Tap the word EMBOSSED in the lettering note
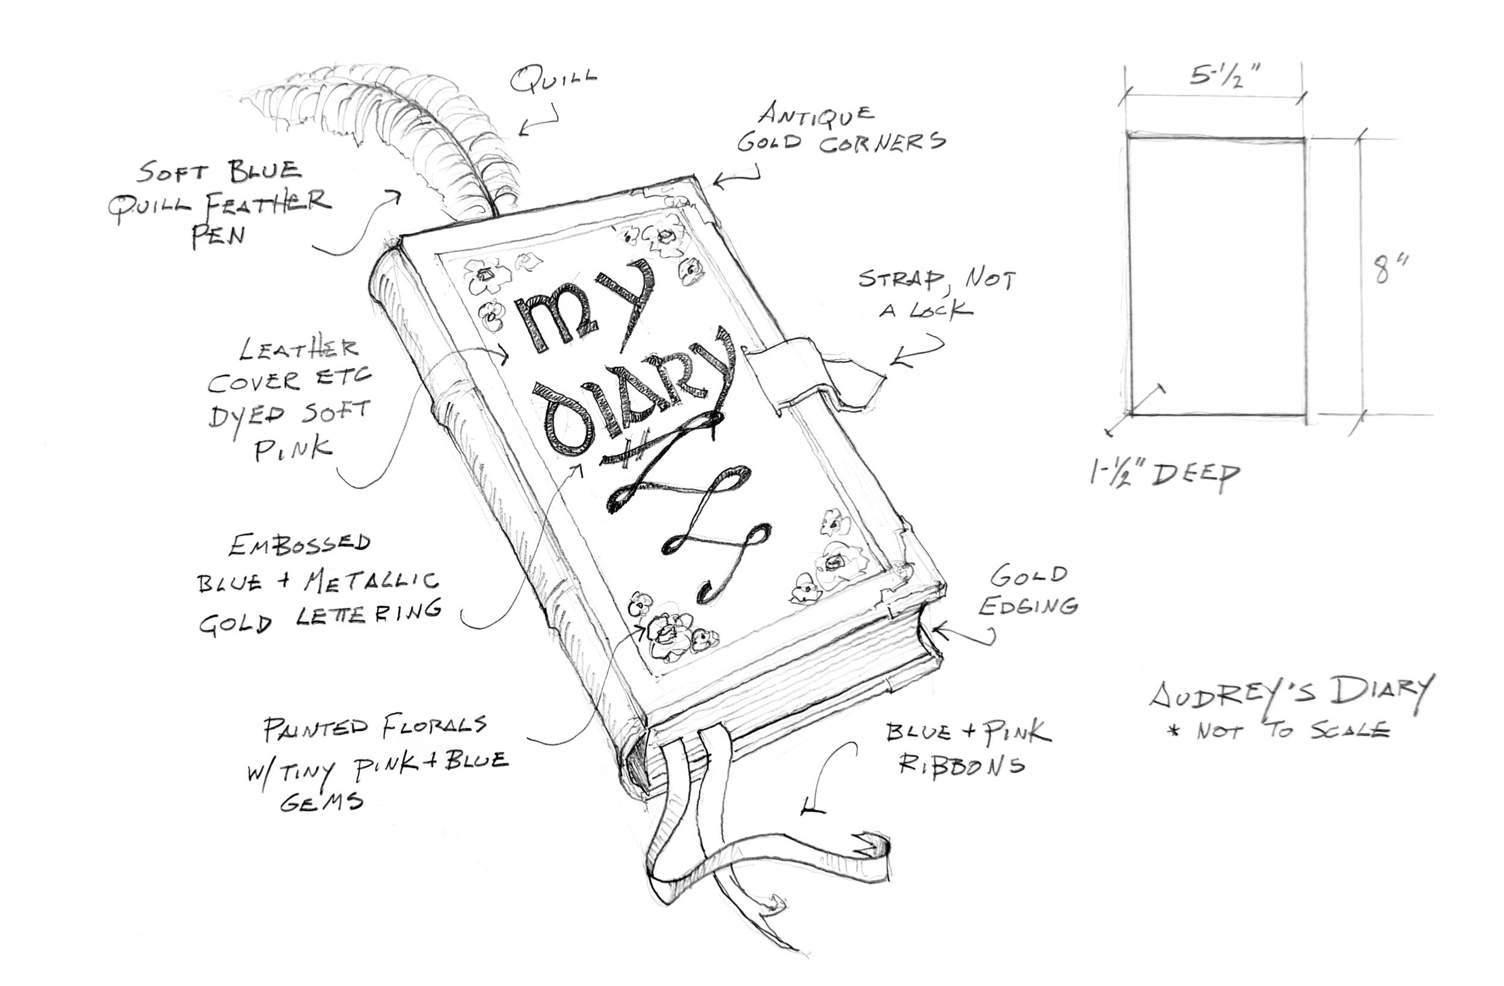(x=300, y=545)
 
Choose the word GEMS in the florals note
(x=322, y=801)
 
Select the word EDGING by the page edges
(x=1028, y=606)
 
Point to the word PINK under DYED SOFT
(x=293, y=449)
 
